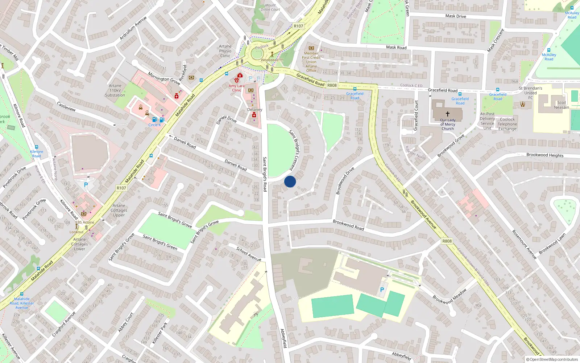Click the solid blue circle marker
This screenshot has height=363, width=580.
(290, 181)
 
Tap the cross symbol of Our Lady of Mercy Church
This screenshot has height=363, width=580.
(448, 114)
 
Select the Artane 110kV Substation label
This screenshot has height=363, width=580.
(115, 90)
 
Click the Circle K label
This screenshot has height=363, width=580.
(154, 125)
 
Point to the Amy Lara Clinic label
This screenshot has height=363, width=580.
(237, 88)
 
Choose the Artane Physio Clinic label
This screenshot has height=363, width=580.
(225, 51)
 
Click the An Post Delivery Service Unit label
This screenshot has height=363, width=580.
(487, 121)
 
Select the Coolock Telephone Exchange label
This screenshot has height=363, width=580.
(507, 124)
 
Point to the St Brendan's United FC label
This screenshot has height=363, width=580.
(530, 93)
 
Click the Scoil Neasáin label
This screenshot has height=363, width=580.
(561, 105)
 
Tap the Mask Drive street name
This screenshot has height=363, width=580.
(456, 16)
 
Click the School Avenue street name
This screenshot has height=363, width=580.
(249, 254)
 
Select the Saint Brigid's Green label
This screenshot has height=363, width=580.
(160, 242)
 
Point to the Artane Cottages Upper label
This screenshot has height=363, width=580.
(119, 210)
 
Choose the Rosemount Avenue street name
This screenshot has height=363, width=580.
(524, 244)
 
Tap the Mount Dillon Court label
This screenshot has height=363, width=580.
(270, 7)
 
